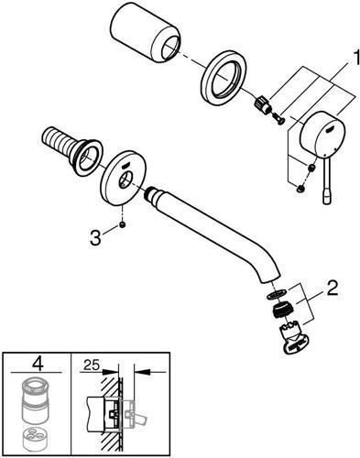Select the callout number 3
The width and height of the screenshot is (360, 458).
coord(95,238)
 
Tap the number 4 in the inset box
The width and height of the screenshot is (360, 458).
coord(37,364)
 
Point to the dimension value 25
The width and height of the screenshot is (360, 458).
coord(92,365)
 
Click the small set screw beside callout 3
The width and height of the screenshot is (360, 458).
coord(122,225)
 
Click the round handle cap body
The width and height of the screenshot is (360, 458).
coord(322,136)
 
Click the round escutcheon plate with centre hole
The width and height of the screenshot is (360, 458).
coord(124,178)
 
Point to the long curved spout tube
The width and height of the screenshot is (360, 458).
coord(212,231)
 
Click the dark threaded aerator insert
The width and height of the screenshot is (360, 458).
coord(282,310)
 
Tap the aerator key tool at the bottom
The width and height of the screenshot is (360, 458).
coord(295,339)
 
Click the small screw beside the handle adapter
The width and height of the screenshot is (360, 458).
coord(278,117)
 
